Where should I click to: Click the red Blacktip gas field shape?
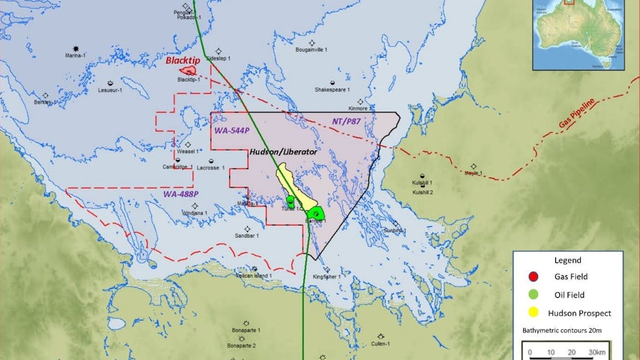tap(188, 70)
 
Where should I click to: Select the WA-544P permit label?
tap(232, 131)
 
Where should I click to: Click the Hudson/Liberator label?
tap(283, 152)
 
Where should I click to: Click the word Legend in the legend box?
tap(567, 261)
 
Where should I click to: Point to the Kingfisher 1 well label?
tap(326, 277)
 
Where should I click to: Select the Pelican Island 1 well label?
tap(254, 276)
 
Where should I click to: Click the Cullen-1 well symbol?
tap(381, 337)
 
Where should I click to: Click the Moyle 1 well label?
tap(474, 173)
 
